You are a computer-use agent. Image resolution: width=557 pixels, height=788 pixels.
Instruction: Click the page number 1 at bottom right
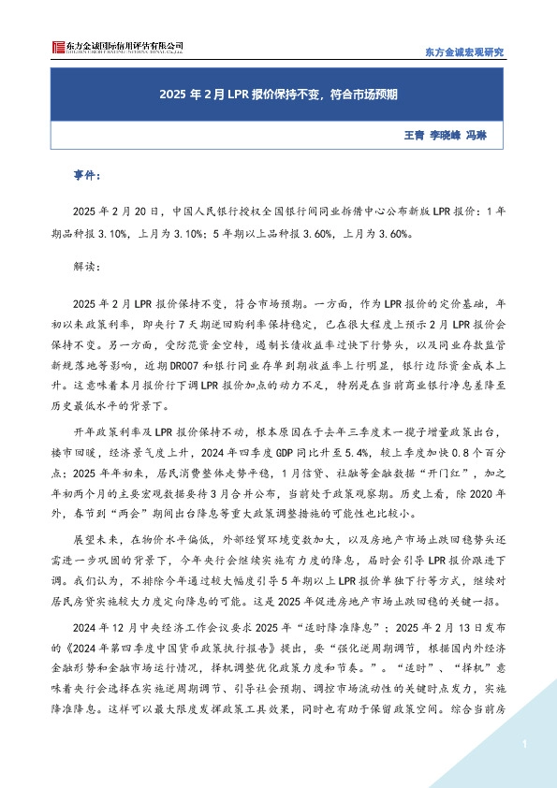(526, 743)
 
